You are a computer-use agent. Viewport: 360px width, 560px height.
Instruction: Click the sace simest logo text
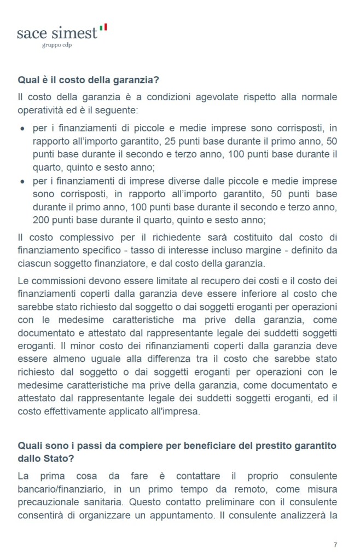(x=57, y=33)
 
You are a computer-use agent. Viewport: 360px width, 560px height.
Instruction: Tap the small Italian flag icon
(x=104, y=27)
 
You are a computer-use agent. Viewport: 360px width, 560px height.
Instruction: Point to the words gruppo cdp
(x=57, y=45)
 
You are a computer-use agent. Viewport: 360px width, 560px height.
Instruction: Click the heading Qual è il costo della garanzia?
(x=88, y=80)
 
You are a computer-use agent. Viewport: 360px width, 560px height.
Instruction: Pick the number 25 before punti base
(x=171, y=141)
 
